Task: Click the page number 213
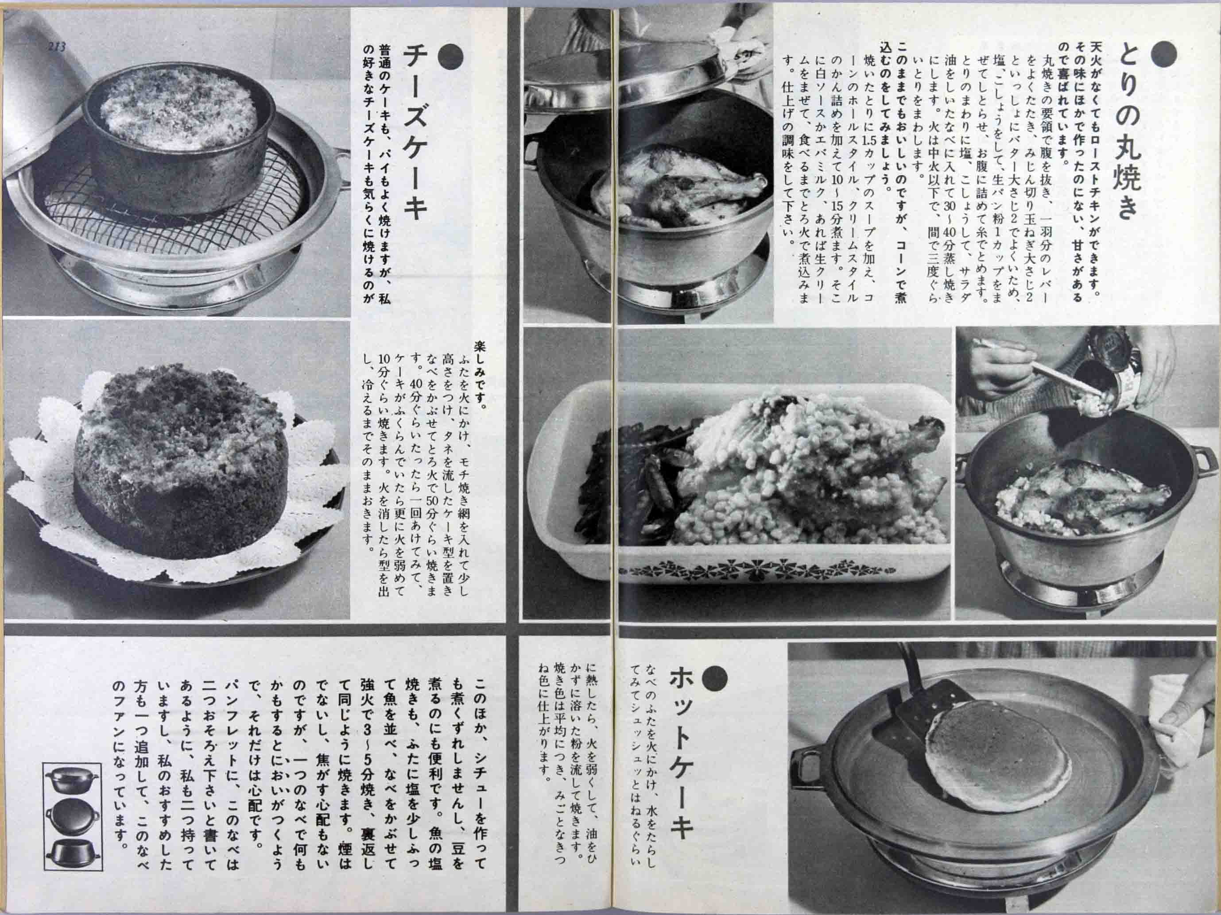tap(56, 47)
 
